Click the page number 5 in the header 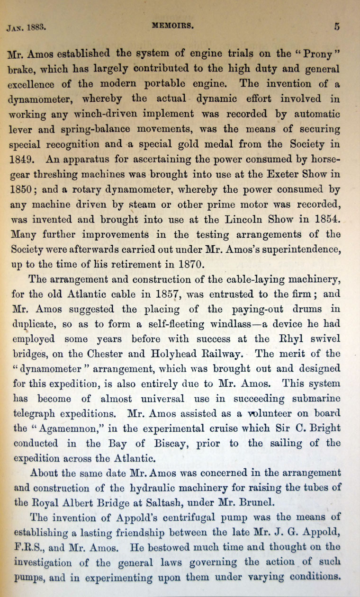pyautogui.click(x=337, y=27)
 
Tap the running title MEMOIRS pyautogui.click(x=173, y=27)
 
